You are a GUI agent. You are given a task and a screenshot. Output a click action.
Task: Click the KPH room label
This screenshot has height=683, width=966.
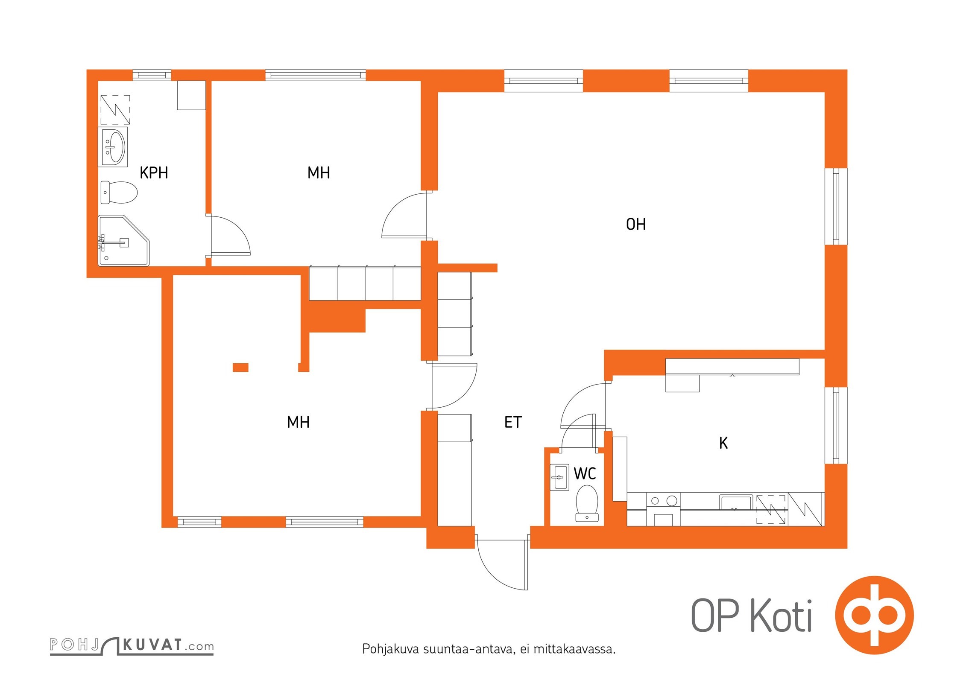click(x=154, y=173)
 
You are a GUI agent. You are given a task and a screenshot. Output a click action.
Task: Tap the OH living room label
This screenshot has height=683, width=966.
click(x=636, y=225)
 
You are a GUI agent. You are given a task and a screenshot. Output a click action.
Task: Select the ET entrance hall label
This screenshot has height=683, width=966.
click(x=513, y=422)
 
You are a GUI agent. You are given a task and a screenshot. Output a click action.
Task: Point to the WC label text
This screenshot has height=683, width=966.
click(x=585, y=473)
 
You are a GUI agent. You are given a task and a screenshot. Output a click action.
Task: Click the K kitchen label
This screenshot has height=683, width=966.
click(x=723, y=443)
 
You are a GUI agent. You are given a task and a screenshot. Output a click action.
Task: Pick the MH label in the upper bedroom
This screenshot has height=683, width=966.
click(x=319, y=173)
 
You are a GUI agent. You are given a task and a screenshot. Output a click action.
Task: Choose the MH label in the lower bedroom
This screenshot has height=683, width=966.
click(x=298, y=422)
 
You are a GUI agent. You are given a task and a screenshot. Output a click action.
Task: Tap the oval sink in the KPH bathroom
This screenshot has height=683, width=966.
click(x=113, y=146)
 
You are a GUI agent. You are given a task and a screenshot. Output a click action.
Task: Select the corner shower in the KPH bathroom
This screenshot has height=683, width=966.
click(x=124, y=241)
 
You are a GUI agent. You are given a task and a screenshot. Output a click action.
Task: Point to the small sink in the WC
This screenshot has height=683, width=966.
click(x=559, y=477)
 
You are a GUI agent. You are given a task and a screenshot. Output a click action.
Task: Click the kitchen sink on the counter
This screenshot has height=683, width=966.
click(x=736, y=502)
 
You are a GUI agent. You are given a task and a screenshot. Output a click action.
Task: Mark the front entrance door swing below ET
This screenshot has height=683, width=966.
click(x=502, y=564)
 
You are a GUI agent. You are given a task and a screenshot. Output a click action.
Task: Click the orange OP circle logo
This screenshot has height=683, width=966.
click(x=874, y=615)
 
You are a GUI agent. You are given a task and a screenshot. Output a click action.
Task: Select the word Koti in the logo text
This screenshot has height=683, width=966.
click(x=781, y=616)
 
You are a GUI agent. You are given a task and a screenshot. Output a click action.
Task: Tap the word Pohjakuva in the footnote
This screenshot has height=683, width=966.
click(x=391, y=649)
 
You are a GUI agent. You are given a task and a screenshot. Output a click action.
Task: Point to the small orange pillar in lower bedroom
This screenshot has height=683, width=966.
click(x=240, y=367)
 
